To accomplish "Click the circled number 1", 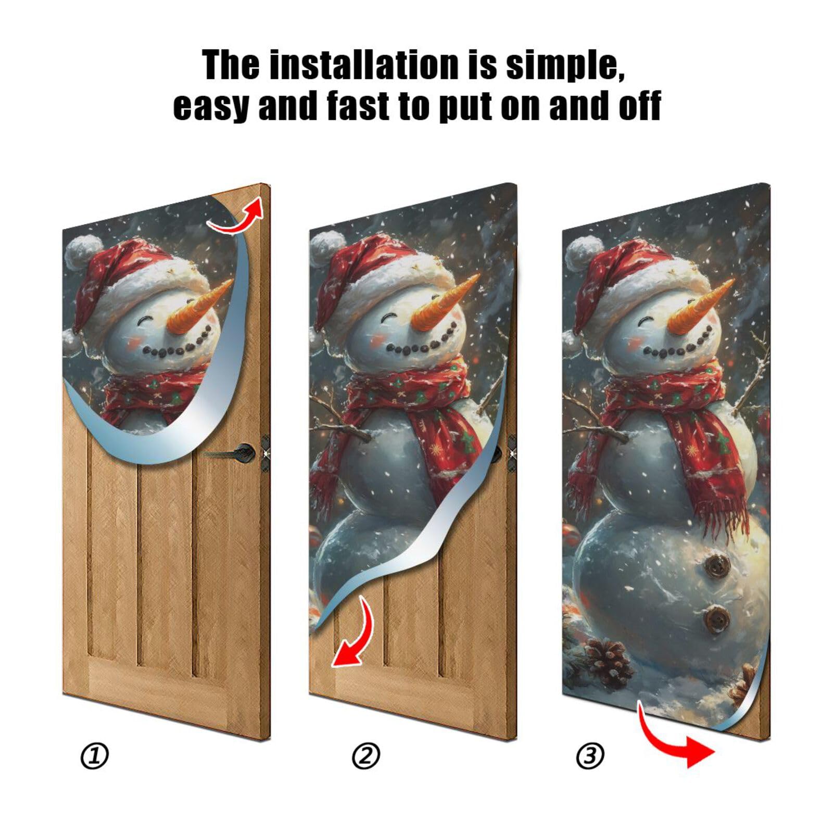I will tap(95, 756).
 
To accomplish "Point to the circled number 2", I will tap(366, 756).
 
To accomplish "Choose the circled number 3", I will tap(590, 756).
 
